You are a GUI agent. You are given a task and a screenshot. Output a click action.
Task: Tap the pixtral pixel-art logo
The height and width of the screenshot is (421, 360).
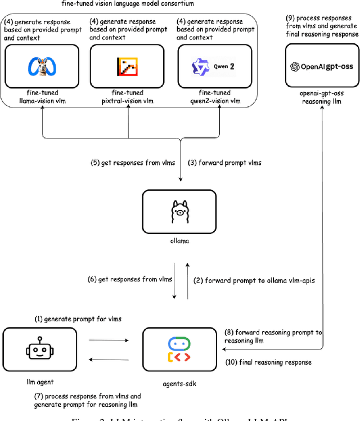point(128,66)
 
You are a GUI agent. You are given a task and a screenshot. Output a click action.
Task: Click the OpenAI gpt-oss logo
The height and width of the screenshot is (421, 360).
point(322,66)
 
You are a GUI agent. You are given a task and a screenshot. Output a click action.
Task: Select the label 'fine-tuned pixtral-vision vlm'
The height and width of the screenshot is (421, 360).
point(128,97)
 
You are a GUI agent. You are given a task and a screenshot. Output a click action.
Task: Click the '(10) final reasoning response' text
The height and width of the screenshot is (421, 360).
point(268,362)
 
